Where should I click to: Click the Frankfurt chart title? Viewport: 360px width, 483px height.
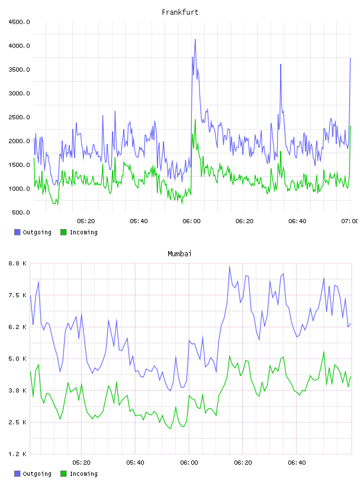click(x=180, y=12)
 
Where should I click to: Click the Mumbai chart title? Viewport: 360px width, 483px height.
click(x=179, y=254)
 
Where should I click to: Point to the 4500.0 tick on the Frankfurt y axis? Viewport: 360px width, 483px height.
click(x=20, y=22)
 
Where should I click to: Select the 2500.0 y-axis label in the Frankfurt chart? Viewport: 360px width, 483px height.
click(x=20, y=117)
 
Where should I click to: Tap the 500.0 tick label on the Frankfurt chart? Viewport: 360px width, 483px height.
click(x=21, y=212)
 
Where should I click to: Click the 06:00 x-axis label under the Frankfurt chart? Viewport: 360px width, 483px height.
click(x=191, y=221)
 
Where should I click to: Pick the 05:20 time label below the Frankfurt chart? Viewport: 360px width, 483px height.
click(x=86, y=221)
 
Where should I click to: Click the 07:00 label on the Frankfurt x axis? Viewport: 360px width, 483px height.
click(x=350, y=221)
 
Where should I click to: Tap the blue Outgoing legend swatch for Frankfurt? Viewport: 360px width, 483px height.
click(x=17, y=232)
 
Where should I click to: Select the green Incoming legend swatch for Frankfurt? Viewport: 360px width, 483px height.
click(x=63, y=232)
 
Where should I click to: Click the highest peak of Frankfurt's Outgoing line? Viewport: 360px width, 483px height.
click(x=195, y=40)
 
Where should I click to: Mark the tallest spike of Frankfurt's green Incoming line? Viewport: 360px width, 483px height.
click(x=195, y=120)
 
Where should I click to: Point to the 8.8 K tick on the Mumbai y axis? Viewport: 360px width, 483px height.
click(x=18, y=263)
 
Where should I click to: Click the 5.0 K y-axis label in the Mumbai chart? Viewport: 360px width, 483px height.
click(x=18, y=359)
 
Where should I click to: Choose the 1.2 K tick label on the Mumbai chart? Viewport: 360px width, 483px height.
click(x=18, y=454)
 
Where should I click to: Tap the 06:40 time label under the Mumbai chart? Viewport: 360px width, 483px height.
click(x=297, y=463)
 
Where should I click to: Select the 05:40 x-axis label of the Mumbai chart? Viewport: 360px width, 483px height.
click(x=136, y=463)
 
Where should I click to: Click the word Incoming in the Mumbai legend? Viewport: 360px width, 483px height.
click(x=83, y=474)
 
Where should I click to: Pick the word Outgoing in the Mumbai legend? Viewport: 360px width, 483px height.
click(x=37, y=474)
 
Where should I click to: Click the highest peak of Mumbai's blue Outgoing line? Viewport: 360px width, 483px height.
click(x=230, y=267)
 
